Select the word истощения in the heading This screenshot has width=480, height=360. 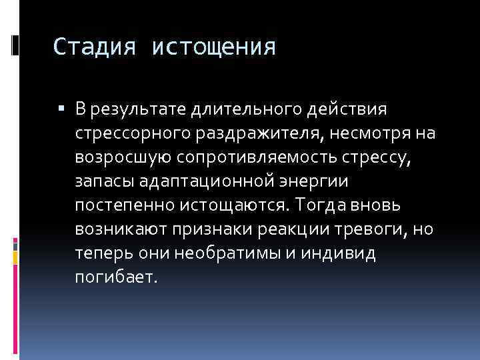213,47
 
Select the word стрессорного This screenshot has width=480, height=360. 133,133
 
